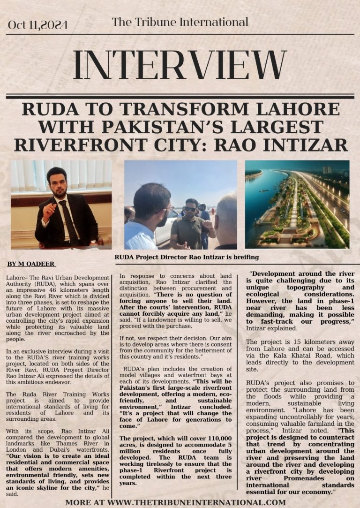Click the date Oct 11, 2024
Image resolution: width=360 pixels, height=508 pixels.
click(x=37, y=25)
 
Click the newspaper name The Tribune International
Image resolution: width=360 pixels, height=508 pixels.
click(x=180, y=22)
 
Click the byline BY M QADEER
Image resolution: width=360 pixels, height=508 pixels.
click(x=31, y=264)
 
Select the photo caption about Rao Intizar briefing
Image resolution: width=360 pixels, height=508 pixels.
click(x=187, y=257)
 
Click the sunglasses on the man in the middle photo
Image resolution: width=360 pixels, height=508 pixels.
click(x=190, y=209)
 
